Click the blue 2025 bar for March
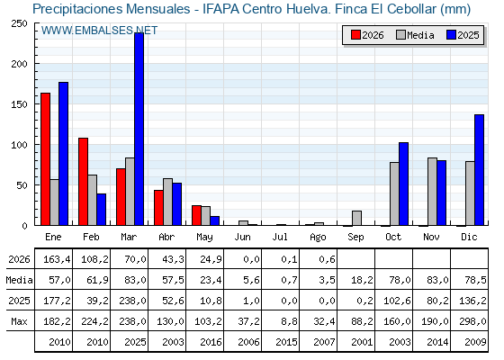coord(139,129)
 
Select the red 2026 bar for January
coord(46,159)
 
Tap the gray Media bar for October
coord(394,193)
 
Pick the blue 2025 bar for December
coord(479,170)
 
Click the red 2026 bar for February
coord(83,182)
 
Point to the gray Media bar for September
coord(356,218)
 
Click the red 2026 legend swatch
coord(355,35)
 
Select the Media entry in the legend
coord(415,35)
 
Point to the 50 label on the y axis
coord(22,185)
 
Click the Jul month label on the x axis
coord(280,237)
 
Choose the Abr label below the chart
coord(166,237)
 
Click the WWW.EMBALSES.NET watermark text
coord(99,31)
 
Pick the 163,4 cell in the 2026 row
coord(57,259)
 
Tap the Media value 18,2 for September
coord(362,280)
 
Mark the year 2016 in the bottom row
coord(211,342)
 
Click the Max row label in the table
coord(19,321)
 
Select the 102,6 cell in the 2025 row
coord(397,301)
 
